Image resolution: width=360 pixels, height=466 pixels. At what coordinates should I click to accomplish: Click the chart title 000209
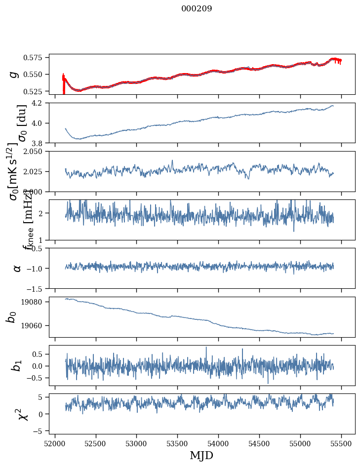(197, 9)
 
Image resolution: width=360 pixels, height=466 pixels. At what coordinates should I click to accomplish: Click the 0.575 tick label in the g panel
(38, 58)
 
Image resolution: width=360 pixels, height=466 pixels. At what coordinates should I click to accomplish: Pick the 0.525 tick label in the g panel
(38, 91)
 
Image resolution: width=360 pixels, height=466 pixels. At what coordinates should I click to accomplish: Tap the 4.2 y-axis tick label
(41, 103)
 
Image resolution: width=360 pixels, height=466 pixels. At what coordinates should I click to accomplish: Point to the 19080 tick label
(38, 302)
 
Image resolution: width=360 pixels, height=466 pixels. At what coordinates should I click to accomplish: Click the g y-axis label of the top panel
(14, 74)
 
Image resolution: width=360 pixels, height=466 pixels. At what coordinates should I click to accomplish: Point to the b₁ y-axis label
(17, 366)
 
